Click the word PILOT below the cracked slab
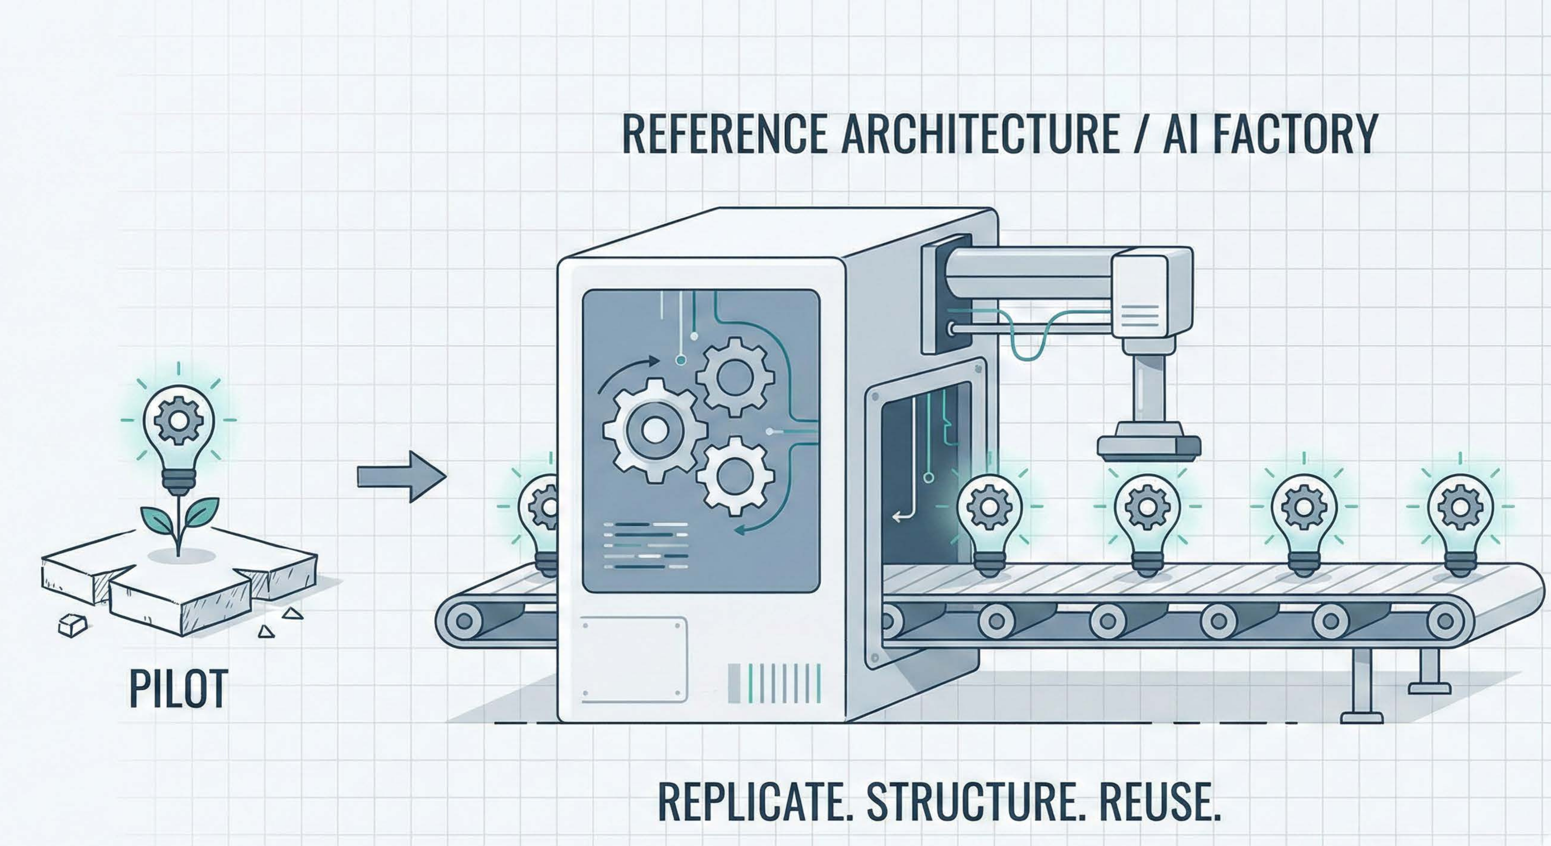(179, 688)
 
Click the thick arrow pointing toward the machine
(402, 477)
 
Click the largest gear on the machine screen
(654, 430)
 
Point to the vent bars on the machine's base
(774, 683)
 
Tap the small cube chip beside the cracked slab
(73, 625)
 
